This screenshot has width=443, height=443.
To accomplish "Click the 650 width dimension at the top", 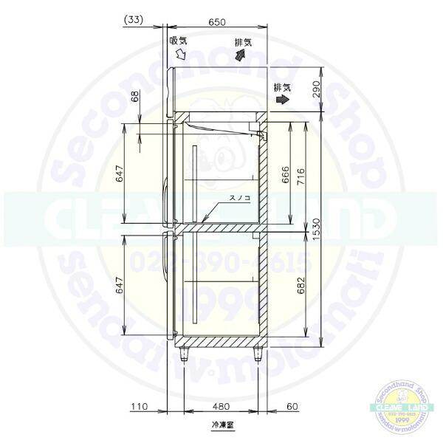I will click(x=217, y=22).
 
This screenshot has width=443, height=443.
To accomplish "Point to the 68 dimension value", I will click(x=134, y=97).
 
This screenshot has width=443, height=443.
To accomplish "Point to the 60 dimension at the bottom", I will click(x=292, y=405).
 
